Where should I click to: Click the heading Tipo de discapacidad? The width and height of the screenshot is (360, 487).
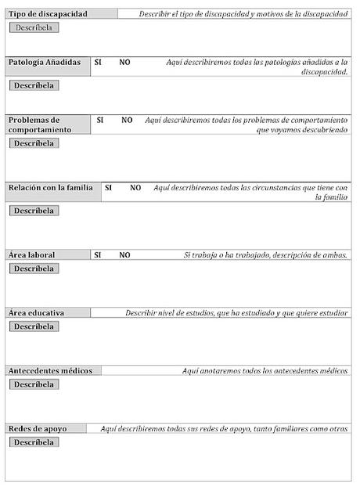pyautogui.click(x=48, y=14)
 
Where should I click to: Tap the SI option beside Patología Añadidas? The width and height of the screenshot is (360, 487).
pyautogui.click(x=98, y=62)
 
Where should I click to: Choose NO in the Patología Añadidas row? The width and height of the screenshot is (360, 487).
pyautogui.click(x=125, y=62)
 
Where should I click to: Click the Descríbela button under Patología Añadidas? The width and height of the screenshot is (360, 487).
pyautogui.click(x=34, y=85)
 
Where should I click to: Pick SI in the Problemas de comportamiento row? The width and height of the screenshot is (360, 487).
pyautogui.click(x=100, y=121)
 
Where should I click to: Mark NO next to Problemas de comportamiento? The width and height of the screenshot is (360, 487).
pyautogui.click(x=127, y=121)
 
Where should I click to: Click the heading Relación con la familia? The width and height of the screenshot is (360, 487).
pyautogui.click(x=51, y=188)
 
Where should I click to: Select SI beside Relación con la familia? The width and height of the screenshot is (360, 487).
pyautogui.click(x=109, y=188)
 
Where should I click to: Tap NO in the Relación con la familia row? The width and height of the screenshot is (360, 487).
pyautogui.click(x=135, y=188)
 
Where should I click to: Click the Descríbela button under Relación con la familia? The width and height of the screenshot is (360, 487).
pyautogui.click(x=34, y=211)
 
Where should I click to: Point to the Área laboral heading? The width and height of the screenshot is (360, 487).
pyautogui.click(x=32, y=254)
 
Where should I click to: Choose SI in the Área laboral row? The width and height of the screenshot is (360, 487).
pyautogui.click(x=98, y=254)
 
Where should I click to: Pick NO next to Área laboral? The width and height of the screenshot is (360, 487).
pyautogui.click(x=125, y=254)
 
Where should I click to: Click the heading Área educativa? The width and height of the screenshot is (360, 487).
pyautogui.click(x=37, y=312)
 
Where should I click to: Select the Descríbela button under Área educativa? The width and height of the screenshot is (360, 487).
pyautogui.click(x=34, y=326)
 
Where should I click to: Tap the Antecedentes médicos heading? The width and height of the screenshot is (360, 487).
pyautogui.click(x=50, y=370)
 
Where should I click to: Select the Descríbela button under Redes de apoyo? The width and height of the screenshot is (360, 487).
pyautogui.click(x=34, y=442)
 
